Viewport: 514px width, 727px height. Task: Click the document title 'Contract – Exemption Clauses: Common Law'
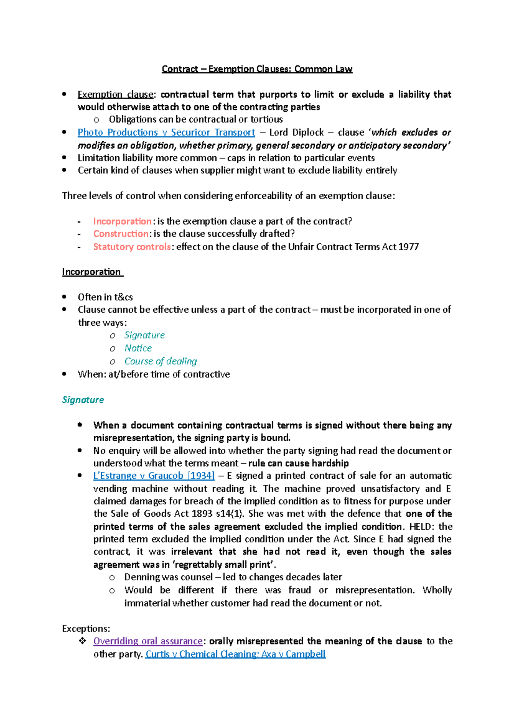pyautogui.click(x=257, y=69)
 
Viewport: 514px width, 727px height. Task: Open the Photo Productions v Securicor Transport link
pyautogui.click(x=166, y=133)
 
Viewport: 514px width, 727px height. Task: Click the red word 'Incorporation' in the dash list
pyautogui.click(x=122, y=221)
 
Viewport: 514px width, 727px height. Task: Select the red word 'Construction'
pyautogui.click(x=121, y=234)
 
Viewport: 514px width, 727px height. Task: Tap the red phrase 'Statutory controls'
pyautogui.click(x=132, y=247)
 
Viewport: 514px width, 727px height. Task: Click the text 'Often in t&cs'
pyautogui.click(x=105, y=297)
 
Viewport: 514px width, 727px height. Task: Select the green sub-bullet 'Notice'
pyautogui.click(x=138, y=348)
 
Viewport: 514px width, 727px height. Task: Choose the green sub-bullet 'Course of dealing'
pyautogui.click(x=161, y=361)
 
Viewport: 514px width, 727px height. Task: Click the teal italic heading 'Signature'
pyautogui.click(x=83, y=400)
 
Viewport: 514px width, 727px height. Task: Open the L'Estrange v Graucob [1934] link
pyautogui.click(x=154, y=476)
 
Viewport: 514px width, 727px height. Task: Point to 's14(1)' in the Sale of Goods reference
pyautogui.click(x=230, y=514)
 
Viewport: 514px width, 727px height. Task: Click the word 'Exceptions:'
pyautogui.click(x=86, y=629)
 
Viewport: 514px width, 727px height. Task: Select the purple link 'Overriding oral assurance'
pyautogui.click(x=148, y=641)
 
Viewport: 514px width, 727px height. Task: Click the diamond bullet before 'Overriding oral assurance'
pyautogui.click(x=82, y=641)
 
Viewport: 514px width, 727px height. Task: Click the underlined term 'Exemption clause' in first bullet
pyautogui.click(x=115, y=95)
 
